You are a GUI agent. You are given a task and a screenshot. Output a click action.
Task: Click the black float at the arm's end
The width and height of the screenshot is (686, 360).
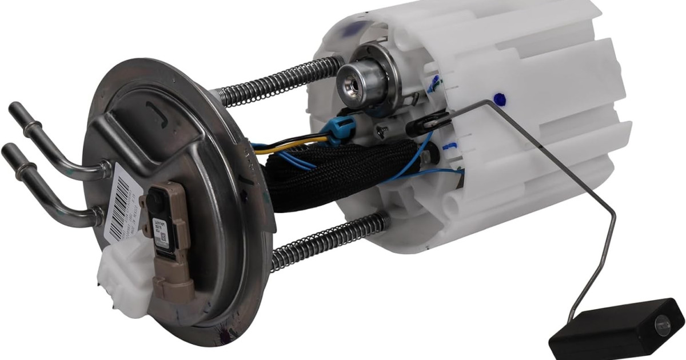point(615,327)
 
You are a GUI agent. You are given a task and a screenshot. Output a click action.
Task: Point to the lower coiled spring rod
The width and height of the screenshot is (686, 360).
point(326,240)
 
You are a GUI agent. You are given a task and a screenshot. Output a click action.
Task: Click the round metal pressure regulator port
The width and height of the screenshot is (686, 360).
point(352,81)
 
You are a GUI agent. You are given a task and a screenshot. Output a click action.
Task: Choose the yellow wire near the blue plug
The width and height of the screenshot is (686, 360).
point(297,146)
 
